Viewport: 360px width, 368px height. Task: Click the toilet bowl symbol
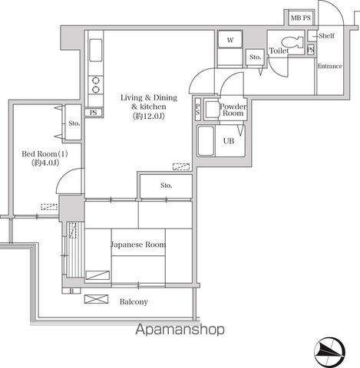pos(292,42)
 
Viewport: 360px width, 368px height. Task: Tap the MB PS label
pos(301,18)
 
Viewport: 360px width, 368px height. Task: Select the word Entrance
pos(330,66)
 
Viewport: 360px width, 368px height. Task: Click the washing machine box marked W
pos(230,39)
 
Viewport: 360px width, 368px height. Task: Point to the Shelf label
pos(326,36)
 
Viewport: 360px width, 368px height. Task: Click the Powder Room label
pos(233,110)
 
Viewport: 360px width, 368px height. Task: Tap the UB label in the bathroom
pos(229,141)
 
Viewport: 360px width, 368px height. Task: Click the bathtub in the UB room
pos(206,140)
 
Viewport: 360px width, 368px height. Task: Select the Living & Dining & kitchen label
pos(149,107)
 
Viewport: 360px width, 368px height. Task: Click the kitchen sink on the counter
pos(96,50)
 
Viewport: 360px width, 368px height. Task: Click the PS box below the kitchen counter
pos(94,113)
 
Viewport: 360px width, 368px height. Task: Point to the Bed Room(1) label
pos(45,158)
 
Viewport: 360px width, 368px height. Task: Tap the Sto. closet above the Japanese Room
pos(166,186)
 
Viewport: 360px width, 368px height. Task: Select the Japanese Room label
pos(138,245)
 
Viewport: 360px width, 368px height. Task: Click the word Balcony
pos(134,302)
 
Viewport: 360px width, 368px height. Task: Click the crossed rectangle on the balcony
pos(96,299)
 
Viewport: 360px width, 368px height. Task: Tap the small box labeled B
pos(71,291)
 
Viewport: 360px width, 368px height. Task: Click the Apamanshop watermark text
pos(180,330)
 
